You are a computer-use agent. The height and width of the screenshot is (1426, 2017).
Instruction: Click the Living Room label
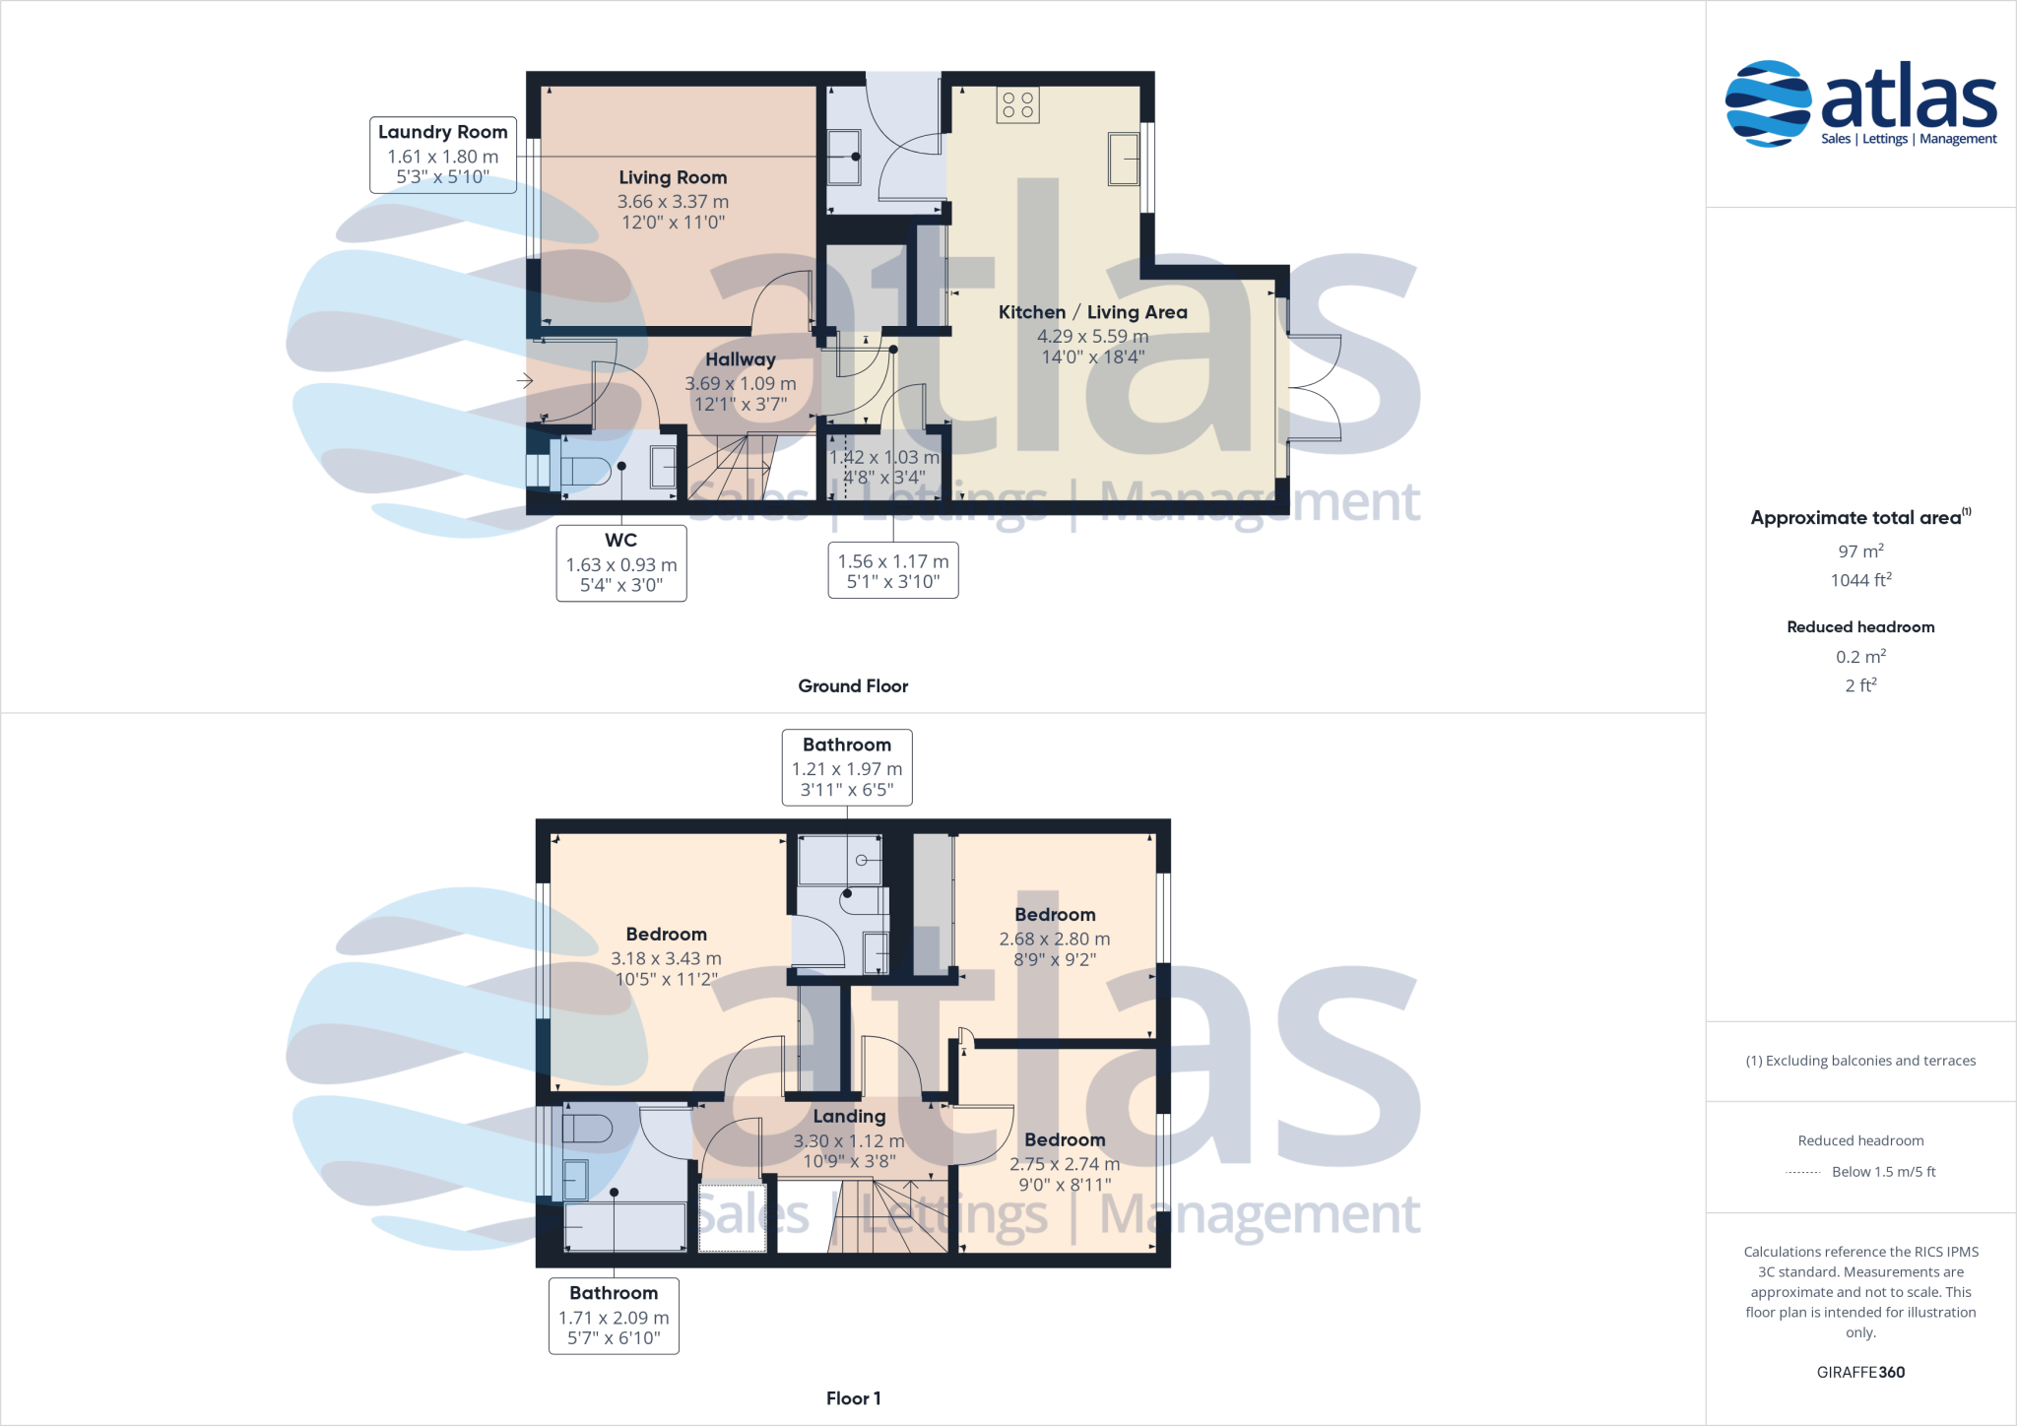[673, 177]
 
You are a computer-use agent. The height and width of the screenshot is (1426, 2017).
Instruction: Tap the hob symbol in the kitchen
[1017, 105]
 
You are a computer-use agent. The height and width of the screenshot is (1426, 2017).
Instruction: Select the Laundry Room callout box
[443, 155]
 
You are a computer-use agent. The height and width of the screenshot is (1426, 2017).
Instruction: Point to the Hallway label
[741, 359]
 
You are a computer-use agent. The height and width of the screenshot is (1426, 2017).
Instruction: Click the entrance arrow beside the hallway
[524, 380]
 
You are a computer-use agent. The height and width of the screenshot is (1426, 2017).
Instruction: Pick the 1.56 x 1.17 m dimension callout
[893, 570]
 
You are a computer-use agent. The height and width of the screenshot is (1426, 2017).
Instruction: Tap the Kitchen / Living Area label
[1092, 312]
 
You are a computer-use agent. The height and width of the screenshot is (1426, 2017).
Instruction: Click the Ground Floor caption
[853, 686]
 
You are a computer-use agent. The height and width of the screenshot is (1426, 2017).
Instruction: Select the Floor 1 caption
[853, 1398]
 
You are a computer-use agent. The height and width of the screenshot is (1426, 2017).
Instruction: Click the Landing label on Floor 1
[849, 1117]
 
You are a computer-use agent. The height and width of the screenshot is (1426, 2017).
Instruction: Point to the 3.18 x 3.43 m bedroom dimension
[666, 958]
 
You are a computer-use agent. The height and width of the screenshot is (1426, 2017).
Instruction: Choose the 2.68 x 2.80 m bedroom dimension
[1054, 940]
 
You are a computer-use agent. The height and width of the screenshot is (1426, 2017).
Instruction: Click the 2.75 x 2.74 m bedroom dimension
[1065, 1164]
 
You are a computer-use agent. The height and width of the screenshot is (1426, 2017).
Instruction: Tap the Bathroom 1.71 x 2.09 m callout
[614, 1316]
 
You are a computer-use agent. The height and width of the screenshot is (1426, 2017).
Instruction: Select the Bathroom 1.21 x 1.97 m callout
[847, 767]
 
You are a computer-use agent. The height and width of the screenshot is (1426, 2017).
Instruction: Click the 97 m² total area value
[1860, 551]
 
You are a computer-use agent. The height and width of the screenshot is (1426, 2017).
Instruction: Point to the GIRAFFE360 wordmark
[1860, 1372]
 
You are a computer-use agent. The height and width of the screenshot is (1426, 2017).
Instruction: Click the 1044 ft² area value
[1860, 580]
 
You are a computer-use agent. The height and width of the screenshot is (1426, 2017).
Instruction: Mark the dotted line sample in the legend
[1803, 1173]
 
